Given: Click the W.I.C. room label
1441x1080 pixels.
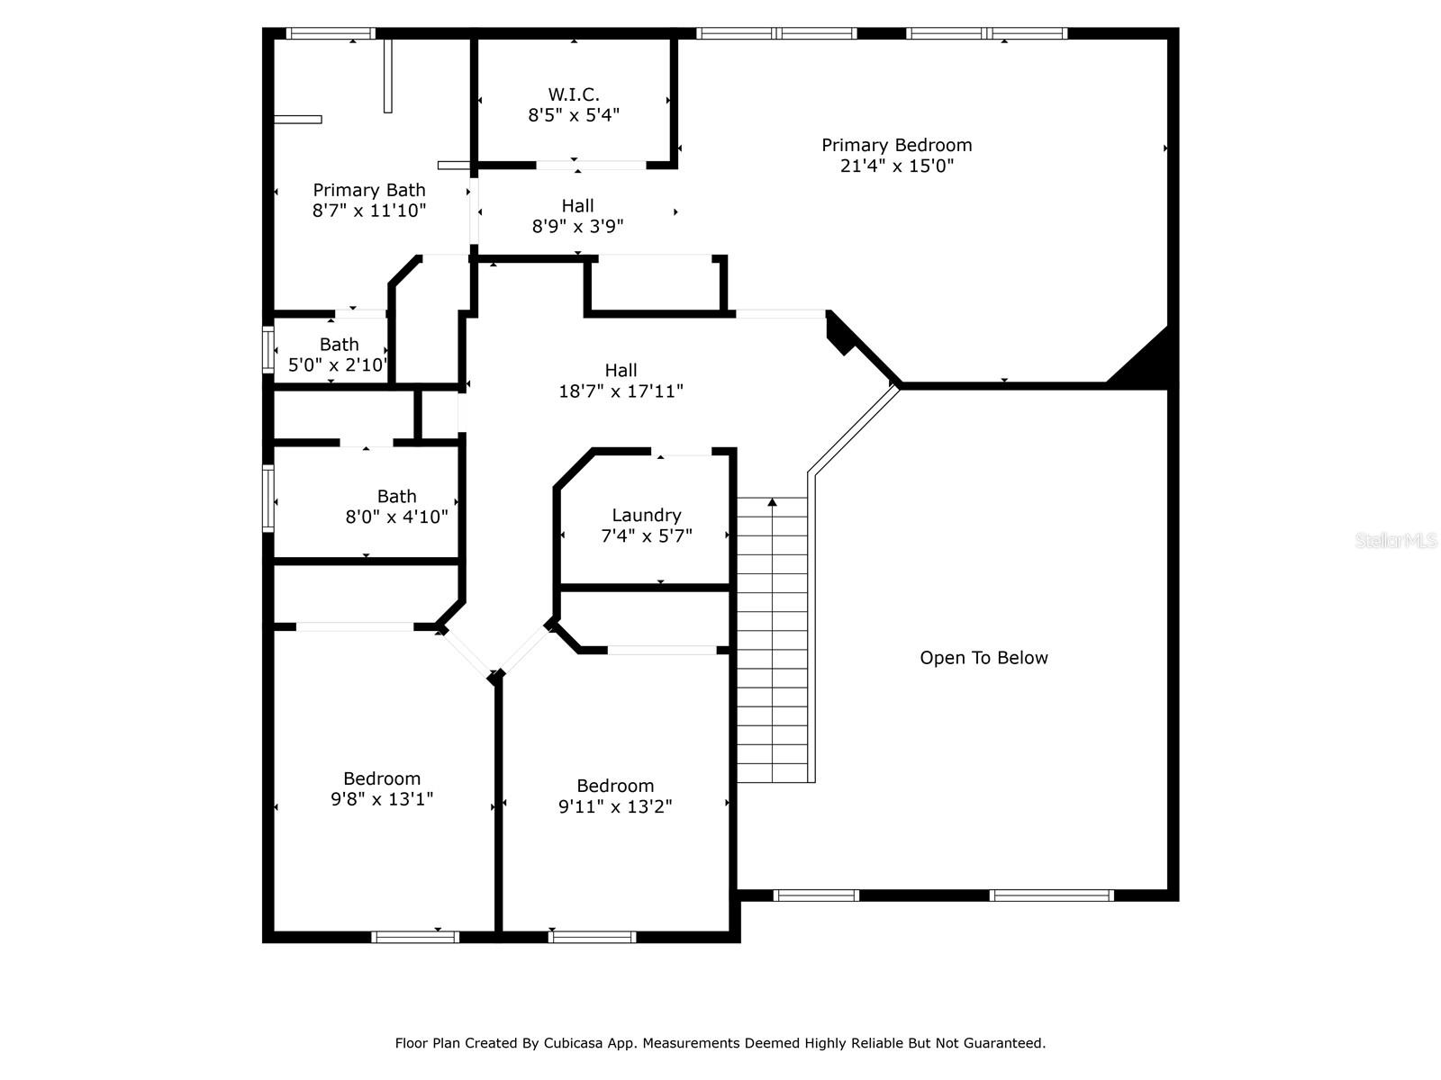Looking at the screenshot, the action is (573, 94).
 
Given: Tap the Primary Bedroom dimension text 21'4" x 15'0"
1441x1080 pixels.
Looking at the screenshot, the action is (896, 166).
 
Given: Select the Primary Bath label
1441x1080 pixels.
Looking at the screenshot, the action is (369, 190).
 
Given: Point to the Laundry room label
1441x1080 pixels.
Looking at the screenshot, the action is (646, 516).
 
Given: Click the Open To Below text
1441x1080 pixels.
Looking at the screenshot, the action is (983, 658).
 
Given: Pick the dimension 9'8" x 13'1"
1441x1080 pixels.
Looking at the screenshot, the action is (382, 798).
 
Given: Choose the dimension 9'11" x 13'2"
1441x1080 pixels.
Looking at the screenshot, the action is (615, 805).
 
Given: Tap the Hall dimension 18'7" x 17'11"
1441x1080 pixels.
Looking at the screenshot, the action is (621, 391).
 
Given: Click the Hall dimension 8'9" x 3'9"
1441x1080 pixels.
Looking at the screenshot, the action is (577, 226).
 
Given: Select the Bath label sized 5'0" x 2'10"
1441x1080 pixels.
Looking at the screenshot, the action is (339, 345).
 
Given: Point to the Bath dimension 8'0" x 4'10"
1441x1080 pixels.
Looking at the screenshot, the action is (396, 517).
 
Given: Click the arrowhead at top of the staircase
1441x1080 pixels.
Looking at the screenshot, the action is (772, 502).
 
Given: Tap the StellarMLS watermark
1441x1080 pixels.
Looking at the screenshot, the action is (1396, 540).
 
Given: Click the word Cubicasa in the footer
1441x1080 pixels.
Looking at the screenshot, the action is (570, 1042).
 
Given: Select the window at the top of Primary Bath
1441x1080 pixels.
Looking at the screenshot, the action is (331, 33).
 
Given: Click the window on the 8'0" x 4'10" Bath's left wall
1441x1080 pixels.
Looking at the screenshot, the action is (267, 499).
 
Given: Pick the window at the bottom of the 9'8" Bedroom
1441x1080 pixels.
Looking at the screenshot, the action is (415, 937).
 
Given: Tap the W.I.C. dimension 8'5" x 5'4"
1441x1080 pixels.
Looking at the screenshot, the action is (574, 115).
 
